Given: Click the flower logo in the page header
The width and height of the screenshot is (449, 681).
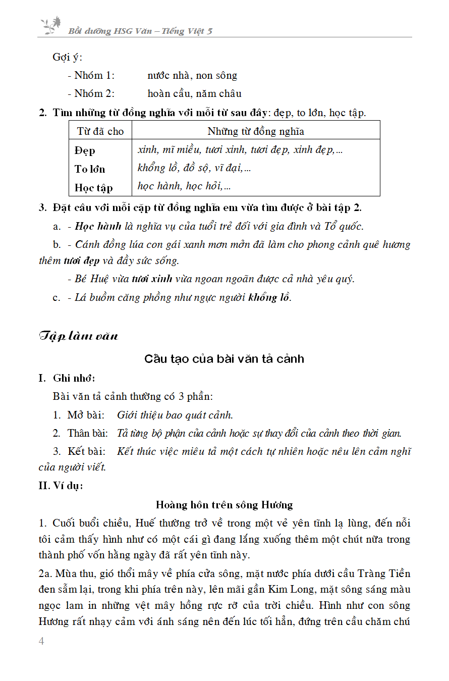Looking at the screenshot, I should [x=50, y=25].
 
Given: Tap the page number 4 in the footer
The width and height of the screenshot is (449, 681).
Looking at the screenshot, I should [x=41, y=641].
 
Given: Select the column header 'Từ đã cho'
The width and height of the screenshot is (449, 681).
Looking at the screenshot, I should [x=100, y=131].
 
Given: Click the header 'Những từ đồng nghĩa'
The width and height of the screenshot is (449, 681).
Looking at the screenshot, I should [x=255, y=131].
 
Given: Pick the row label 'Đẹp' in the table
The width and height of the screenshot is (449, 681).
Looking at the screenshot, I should [x=85, y=150].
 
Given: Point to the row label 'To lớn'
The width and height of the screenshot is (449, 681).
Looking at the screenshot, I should [x=90, y=169].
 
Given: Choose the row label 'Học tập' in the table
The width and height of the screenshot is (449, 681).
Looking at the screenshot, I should [x=93, y=188].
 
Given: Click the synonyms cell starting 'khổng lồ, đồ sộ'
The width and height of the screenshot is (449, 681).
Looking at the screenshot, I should [x=194, y=168].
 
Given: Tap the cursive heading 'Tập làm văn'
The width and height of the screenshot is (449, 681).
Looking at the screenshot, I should [x=78, y=336].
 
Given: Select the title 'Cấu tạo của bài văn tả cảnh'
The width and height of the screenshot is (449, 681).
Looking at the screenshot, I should [x=224, y=359].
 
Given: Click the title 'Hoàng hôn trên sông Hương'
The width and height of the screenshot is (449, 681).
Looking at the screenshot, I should [x=224, y=504].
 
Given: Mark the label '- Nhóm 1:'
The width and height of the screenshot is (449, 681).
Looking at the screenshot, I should [x=91, y=75].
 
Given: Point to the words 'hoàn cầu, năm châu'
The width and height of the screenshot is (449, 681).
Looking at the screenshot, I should [x=194, y=93].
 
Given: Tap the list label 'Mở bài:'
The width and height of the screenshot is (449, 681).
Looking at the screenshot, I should [x=86, y=415].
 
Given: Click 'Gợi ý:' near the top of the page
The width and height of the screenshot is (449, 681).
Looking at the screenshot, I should [x=67, y=57].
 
